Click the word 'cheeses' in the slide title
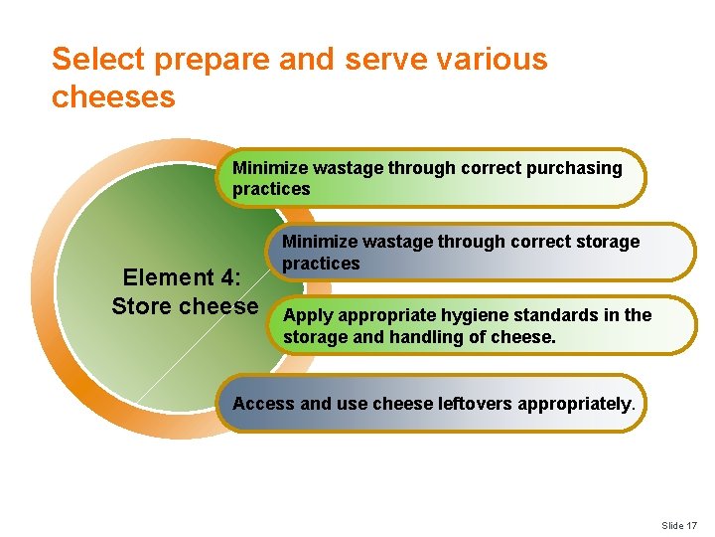(x=113, y=96)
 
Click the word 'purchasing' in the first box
(x=575, y=168)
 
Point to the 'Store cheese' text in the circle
(x=185, y=306)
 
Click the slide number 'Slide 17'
(x=680, y=525)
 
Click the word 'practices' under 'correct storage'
(x=321, y=264)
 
